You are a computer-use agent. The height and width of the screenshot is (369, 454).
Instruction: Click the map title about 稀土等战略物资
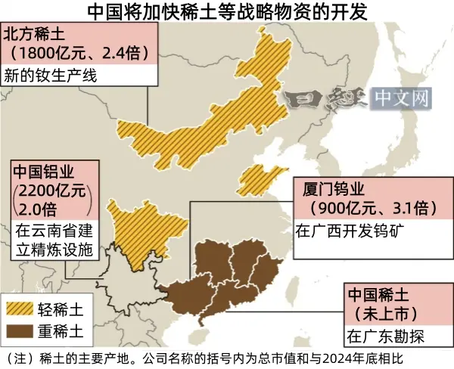227,11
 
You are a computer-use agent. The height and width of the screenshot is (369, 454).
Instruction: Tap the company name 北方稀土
36,34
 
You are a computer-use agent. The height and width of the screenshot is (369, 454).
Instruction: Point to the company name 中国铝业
42,171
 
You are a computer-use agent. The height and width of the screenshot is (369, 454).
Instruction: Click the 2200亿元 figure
51,190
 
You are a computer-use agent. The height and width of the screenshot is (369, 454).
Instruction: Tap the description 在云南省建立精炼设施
53,240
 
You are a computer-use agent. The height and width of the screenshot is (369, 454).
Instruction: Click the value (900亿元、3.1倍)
368,206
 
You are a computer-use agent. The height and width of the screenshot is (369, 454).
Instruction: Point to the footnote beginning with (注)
204,356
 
